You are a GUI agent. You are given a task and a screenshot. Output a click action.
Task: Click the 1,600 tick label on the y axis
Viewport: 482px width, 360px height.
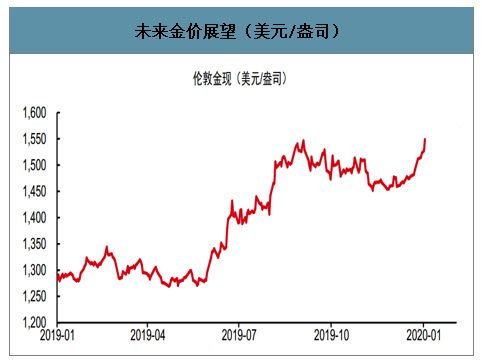click(x=34, y=113)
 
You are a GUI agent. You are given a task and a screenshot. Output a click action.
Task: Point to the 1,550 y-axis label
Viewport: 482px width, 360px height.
click(x=34, y=139)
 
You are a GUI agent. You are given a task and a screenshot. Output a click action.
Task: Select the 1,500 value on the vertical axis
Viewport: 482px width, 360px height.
click(x=34, y=165)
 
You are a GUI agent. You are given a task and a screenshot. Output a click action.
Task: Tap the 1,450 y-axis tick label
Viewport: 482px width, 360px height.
click(x=34, y=191)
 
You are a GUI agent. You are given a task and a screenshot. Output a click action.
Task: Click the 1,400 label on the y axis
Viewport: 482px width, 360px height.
click(x=34, y=217)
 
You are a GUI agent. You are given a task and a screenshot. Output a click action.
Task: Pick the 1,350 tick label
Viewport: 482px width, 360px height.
click(x=34, y=244)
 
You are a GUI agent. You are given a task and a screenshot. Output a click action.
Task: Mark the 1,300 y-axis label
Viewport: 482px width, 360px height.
click(x=34, y=270)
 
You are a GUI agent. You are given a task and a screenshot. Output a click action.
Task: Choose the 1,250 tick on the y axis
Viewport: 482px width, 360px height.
click(x=34, y=296)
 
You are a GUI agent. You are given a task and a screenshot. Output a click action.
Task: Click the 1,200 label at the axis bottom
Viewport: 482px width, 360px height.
click(x=34, y=322)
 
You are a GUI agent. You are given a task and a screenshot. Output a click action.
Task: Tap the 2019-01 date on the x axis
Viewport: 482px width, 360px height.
click(x=58, y=337)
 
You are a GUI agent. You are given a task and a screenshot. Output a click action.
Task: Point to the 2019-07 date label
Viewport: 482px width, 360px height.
click(x=241, y=337)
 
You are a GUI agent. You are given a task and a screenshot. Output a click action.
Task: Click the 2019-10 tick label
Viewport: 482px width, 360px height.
click(x=333, y=337)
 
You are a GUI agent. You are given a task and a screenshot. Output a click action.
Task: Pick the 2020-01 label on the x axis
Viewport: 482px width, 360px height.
click(x=424, y=337)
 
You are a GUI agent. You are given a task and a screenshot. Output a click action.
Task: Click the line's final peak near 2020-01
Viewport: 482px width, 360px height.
click(x=425, y=139)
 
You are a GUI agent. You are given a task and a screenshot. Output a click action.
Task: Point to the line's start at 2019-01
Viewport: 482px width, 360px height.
click(x=57, y=280)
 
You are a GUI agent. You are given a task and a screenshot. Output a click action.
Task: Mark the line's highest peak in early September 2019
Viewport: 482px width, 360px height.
click(x=303, y=141)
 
